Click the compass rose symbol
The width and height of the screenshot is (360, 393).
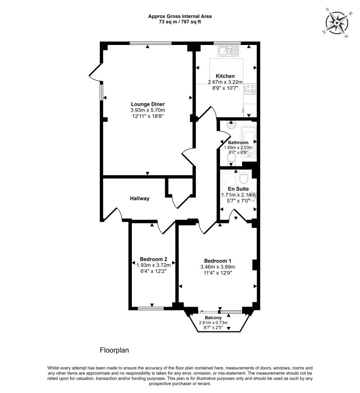[337, 23]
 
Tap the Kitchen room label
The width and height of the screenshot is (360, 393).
[225, 76]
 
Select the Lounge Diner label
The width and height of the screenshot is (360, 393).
[148, 104]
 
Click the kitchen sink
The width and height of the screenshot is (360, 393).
[228, 51]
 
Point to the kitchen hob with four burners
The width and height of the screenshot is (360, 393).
[250, 89]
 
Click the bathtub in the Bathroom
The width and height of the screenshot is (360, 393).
[248, 142]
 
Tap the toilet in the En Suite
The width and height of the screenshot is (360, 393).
[243, 177]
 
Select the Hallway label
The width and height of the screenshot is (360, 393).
[140, 198]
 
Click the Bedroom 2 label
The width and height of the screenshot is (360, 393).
[153, 259]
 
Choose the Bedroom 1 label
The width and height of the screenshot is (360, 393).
[217, 261]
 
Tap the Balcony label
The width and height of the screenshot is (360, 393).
[213, 317]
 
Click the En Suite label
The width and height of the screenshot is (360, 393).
[238, 189]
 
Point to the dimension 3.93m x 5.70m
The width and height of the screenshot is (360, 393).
[148, 110]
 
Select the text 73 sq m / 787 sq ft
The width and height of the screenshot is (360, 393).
[180, 22]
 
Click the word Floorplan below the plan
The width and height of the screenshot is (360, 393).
[114, 350]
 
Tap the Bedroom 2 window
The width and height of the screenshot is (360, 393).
[151, 308]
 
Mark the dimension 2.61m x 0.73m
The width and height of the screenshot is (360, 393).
[213, 322]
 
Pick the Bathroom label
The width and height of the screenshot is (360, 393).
[238, 143]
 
